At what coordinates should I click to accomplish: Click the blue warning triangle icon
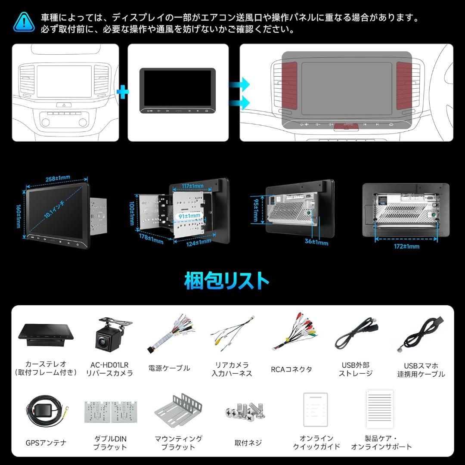point(24,22)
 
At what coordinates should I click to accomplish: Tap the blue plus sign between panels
point(123,92)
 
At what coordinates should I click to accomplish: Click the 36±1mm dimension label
point(316,243)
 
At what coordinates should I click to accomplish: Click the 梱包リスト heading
point(227,281)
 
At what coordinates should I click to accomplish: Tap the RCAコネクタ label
point(291,369)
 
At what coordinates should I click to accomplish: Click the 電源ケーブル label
point(169,368)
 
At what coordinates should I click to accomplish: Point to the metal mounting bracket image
point(178,409)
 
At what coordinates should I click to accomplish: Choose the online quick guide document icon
point(316,409)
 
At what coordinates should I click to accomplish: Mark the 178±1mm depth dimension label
point(151,238)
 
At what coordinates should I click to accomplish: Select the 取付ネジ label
point(248,443)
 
